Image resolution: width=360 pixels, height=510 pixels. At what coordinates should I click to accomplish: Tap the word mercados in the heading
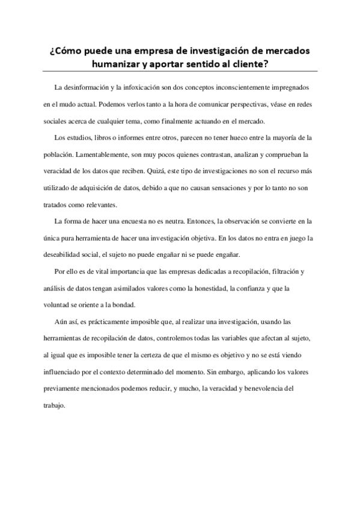[x=282, y=49]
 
